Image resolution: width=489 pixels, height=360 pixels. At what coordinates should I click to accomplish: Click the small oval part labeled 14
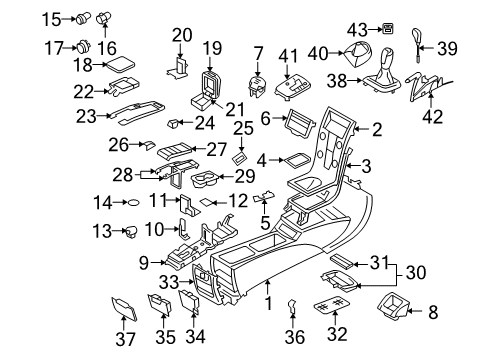click(132, 203)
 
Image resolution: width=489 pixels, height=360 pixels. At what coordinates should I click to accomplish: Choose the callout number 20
click(181, 35)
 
